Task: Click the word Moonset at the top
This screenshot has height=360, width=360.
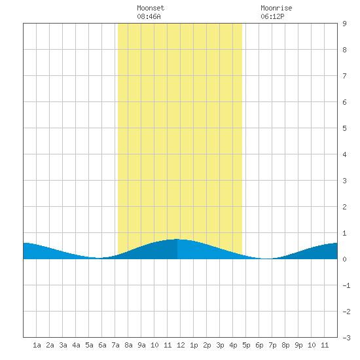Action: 151,8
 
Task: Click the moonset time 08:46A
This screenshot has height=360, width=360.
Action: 149,16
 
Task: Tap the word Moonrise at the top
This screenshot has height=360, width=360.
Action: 276,8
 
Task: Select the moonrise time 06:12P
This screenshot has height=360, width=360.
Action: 272,16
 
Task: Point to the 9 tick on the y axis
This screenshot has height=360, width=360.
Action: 344,24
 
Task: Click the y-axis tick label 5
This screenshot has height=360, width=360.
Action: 344,128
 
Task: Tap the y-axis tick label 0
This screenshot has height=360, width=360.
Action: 344,259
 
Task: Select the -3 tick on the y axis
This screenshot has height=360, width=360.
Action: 346,338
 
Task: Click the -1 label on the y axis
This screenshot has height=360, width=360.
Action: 346,285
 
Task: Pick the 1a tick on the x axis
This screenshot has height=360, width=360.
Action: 37,345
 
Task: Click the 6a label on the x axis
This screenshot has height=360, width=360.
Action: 102,345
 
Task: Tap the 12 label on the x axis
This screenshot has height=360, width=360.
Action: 181,345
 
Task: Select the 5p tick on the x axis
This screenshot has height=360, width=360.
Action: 246,345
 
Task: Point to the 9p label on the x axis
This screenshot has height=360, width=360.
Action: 298,345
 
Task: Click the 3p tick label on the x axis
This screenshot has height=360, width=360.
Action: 220,345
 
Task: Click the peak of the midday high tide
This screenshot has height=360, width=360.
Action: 177,239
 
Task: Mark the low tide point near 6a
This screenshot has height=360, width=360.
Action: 98,258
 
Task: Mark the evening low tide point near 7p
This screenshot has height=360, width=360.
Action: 266,259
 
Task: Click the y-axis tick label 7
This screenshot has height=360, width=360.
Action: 344,76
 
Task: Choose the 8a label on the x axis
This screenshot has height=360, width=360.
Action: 128,345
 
